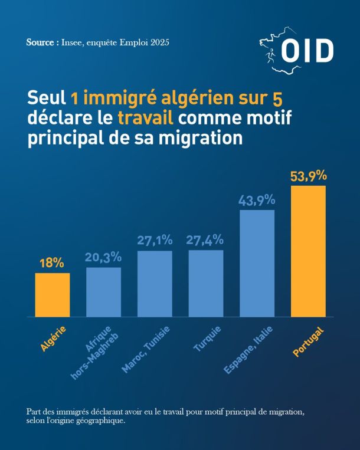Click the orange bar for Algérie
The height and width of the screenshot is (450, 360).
coord(53,295)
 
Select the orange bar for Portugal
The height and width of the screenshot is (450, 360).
coord(308,251)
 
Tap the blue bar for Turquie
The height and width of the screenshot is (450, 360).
coord(206,283)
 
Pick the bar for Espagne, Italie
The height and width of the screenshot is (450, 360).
coord(257,263)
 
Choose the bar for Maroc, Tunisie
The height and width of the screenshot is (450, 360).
coord(155,284)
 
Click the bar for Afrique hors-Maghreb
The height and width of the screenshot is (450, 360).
coord(104,292)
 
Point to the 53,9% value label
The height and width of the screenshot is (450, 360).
coord(308,176)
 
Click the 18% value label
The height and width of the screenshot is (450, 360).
coord(52,263)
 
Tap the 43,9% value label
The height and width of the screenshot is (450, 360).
coord(257,201)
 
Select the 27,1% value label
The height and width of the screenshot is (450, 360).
coord(155,241)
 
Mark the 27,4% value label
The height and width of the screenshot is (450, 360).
coord(205,240)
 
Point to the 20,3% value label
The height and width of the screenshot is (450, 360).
coord(103,257)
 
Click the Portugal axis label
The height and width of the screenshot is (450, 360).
coord(308,341)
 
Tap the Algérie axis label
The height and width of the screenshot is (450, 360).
coord(53,339)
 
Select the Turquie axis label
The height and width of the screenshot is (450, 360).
coord(207,339)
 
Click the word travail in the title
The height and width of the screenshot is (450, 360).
coord(146,117)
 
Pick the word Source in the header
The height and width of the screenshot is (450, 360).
coord(40,42)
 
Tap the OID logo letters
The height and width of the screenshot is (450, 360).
coord(307,51)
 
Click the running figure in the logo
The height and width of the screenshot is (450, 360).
coord(270,55)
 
